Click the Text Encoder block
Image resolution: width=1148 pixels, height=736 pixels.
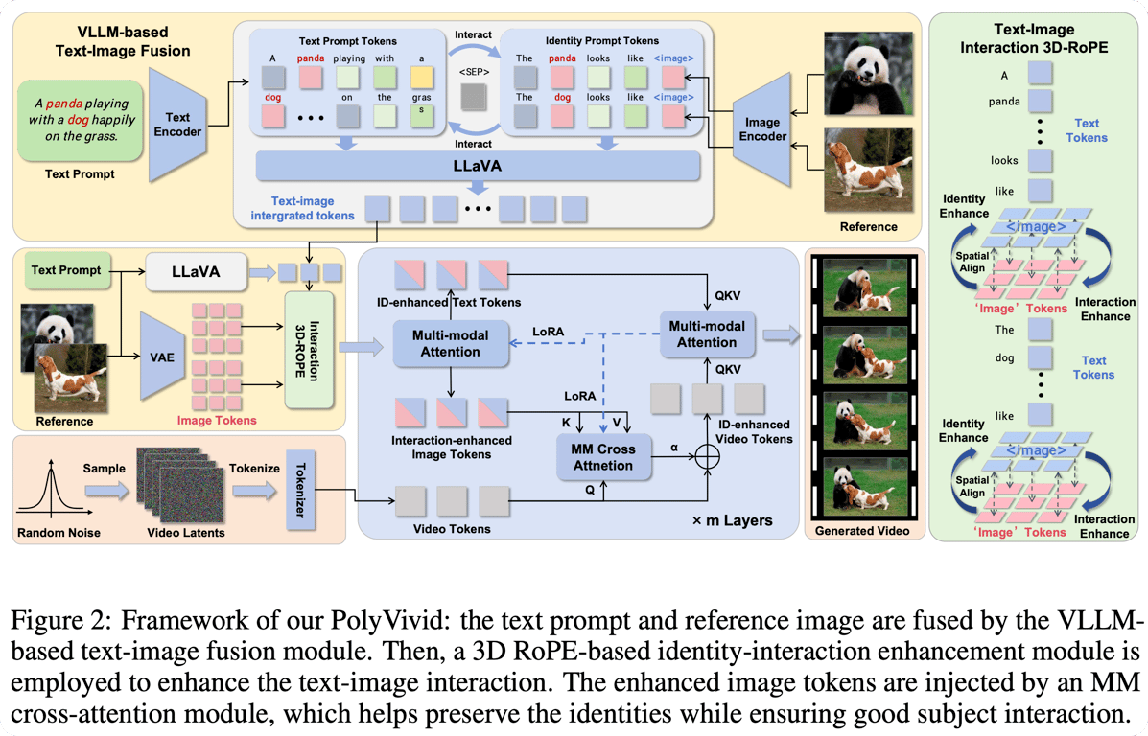tap(178, 125)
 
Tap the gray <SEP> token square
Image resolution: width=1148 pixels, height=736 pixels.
tap(473, 97)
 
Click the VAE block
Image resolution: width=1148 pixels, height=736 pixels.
tap(163, 357)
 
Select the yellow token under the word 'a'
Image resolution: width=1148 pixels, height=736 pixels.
tap(420, 77)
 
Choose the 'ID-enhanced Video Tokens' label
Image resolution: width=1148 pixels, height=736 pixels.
tap(755, 431)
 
